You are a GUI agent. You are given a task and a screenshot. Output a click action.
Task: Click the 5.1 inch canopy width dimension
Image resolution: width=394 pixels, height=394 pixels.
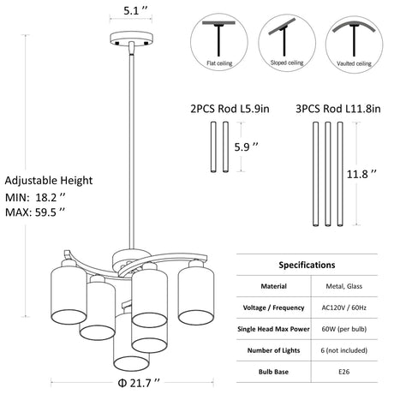135,10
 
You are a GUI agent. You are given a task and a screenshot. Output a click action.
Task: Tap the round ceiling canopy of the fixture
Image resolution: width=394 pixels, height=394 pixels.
132,39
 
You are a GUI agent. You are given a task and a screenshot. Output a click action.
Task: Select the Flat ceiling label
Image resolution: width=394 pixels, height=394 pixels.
219,63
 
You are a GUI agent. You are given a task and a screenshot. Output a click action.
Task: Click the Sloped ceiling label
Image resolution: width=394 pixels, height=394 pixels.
287,63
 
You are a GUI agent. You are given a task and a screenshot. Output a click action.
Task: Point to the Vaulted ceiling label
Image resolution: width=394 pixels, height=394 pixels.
354,63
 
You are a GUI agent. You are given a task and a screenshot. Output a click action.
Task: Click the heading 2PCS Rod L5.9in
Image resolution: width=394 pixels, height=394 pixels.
230,109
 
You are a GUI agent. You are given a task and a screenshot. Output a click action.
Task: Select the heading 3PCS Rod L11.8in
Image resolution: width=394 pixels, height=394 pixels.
338,109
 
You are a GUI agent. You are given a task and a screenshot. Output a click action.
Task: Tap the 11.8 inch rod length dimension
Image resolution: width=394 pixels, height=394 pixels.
361,174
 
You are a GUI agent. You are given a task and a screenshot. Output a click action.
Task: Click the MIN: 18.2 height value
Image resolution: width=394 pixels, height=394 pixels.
35,197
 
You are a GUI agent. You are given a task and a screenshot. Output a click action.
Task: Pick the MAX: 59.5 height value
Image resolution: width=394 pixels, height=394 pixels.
35,212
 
